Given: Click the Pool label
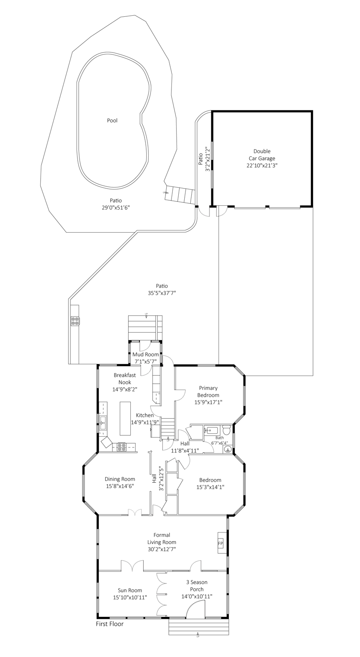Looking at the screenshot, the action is (112, 121).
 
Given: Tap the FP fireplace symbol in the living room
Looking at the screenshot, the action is (221, 543).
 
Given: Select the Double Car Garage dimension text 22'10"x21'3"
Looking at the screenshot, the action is (262, 166).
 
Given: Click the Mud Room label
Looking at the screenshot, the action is (146, 354).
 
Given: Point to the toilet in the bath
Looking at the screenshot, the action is (227, 430).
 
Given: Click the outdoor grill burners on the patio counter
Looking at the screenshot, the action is (74, 321).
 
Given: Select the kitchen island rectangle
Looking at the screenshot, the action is (125, 419).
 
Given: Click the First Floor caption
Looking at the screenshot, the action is (109, 624).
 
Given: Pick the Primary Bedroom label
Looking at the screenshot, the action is (208, 391).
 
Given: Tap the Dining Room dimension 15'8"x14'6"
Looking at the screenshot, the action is (120, 486).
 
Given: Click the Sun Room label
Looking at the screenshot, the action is (130, 590).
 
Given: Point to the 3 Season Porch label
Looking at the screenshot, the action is (197, 586).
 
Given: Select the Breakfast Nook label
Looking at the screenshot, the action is (125, 379).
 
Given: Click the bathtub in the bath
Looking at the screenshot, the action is (212, 431).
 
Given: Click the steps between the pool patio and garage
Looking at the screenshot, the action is (180, 195).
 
